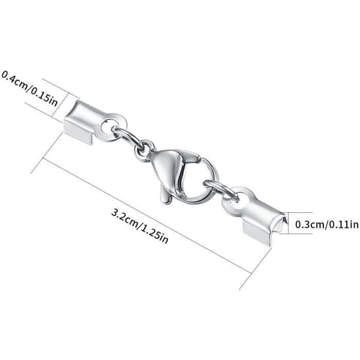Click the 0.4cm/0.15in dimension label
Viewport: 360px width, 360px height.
29,89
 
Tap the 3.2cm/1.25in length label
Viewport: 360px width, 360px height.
140,226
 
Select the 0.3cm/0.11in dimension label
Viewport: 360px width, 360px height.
326,224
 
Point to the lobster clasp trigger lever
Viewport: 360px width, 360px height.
166,194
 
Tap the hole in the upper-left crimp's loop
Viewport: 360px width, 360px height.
107,125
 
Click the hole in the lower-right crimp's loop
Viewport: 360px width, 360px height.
237,199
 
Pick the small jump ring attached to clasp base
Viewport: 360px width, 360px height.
145,151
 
